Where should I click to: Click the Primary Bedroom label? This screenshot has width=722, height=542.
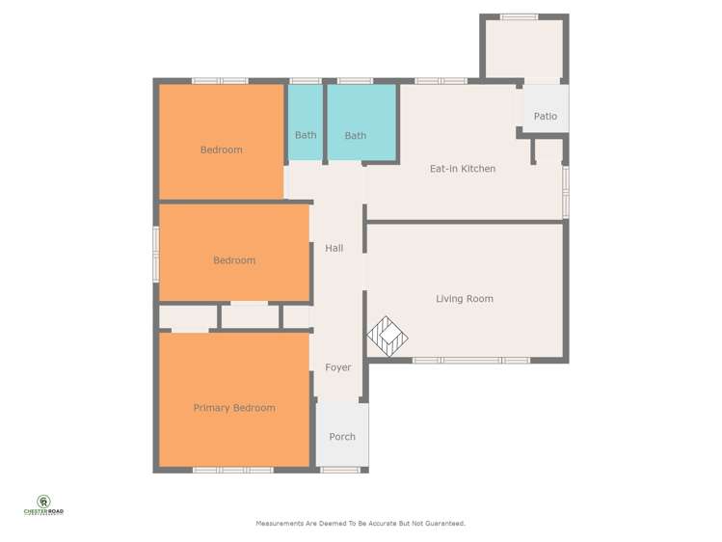[234, 408]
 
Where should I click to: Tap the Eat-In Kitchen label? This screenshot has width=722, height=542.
[463, 169]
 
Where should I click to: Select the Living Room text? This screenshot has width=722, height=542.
[465, 299]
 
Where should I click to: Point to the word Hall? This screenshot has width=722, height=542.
[334, 248]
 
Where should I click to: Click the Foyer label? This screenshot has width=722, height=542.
[338, 367]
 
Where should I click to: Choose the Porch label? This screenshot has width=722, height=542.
[342, 437]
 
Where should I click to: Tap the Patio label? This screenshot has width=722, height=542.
[546, 116]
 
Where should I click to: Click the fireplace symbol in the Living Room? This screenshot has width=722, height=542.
[388, 337]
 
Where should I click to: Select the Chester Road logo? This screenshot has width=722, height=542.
[43, 505]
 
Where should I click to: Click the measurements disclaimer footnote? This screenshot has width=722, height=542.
[361, 524]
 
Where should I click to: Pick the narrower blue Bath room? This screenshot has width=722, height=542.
[306, 122]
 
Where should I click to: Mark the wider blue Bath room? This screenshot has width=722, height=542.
[361, 122]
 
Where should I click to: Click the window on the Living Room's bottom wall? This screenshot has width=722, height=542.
[471, 360]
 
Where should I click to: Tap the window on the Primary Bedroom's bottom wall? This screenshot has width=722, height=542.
[233, 471]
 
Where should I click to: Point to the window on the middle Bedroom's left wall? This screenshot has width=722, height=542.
[156, 255]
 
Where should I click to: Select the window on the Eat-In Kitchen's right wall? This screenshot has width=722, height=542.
[566, 192]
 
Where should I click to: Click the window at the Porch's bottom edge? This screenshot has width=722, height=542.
[340, 471]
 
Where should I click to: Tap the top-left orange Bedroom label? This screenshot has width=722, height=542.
[221, 149]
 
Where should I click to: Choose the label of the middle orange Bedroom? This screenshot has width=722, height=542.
[234, 260]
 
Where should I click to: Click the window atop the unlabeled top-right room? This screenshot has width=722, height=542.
[519, 17]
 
